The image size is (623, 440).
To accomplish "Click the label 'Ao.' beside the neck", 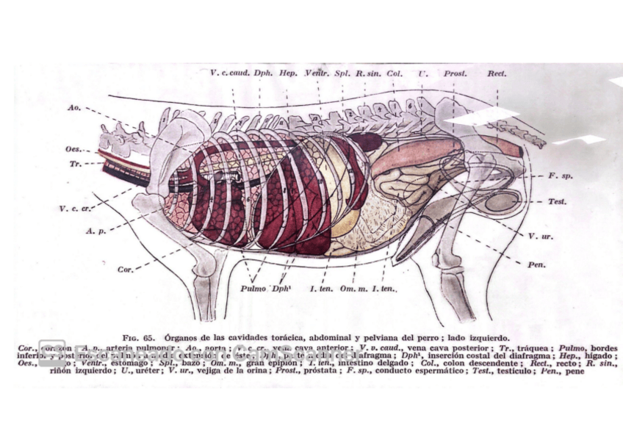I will [x=73, y=107].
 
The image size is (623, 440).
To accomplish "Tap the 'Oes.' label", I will [x=73, y=150].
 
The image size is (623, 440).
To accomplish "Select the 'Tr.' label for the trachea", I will [x=75, y=164].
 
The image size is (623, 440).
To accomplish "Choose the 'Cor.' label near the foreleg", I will [x=125, y=270].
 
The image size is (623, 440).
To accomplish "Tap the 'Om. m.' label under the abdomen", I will [x=352, y=289].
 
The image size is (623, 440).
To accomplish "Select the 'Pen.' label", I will [x=535, y=263].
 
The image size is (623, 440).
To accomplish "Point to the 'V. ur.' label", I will [x=539, y=236].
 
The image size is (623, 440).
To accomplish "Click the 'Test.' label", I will [x=556, y=201].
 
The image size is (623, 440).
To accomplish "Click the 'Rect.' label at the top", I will [x=497, y=74].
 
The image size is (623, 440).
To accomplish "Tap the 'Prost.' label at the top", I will [x=455, y=74].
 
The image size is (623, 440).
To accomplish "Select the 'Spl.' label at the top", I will [x=342, y=74].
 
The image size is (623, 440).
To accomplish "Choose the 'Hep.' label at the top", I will [x=288, y=74].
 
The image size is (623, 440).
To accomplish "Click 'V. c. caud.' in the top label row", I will [x=230, y=74].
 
